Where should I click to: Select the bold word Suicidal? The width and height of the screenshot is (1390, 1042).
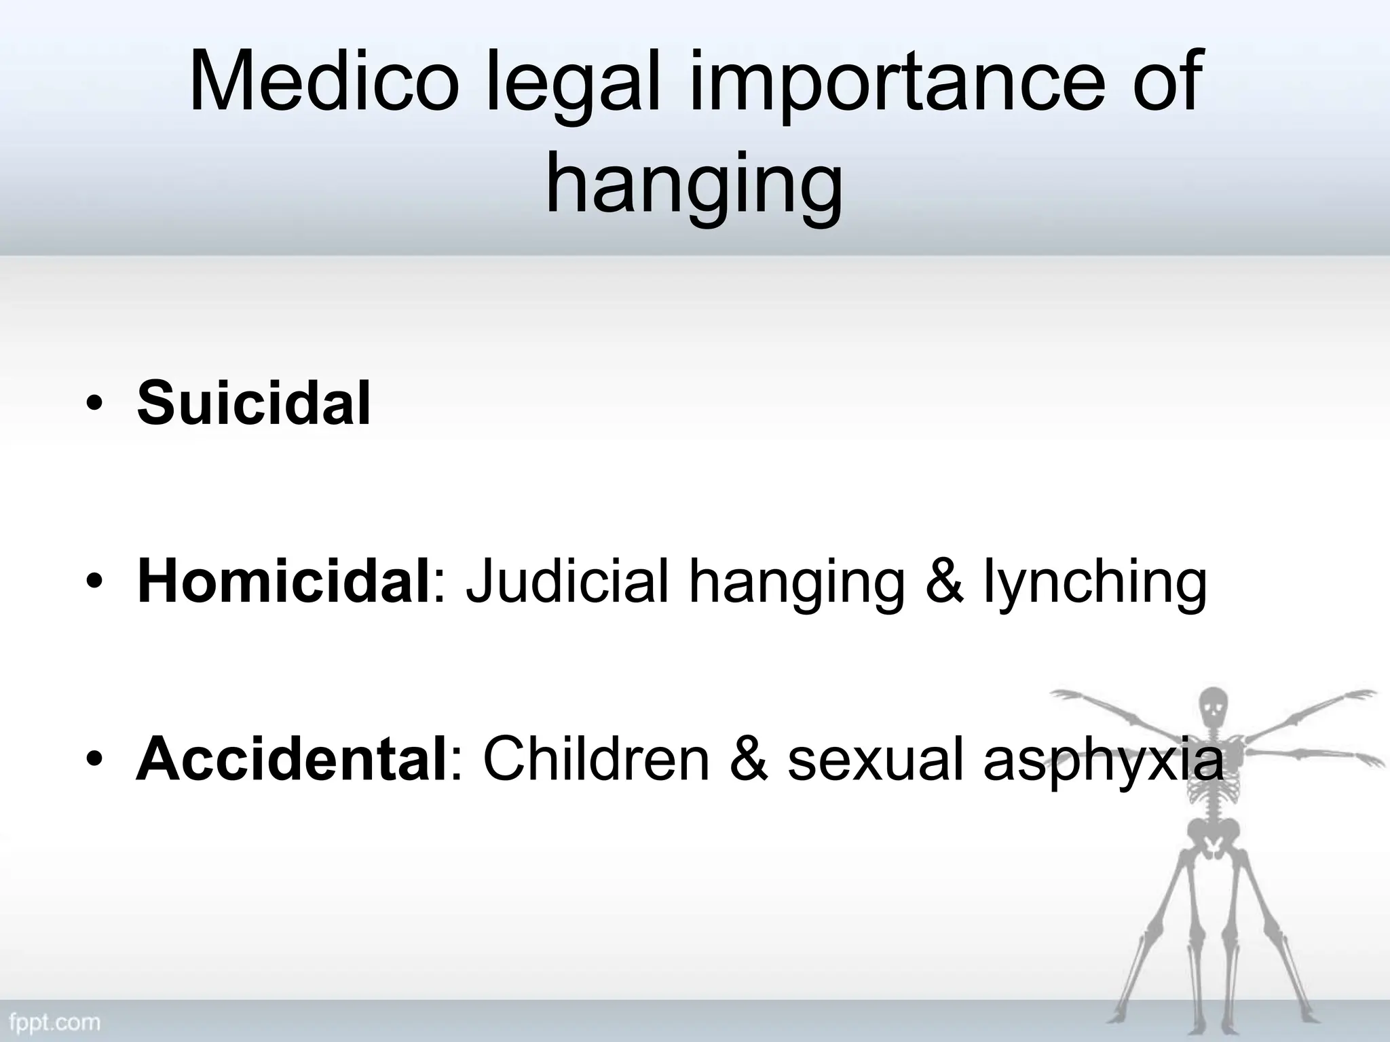point(254,404)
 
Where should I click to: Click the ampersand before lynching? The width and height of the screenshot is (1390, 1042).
point(944,582)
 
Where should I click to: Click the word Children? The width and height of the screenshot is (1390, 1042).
point(597,760)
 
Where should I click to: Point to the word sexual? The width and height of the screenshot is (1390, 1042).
point(876,760)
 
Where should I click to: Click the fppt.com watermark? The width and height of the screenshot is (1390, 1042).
point(54,1022)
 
